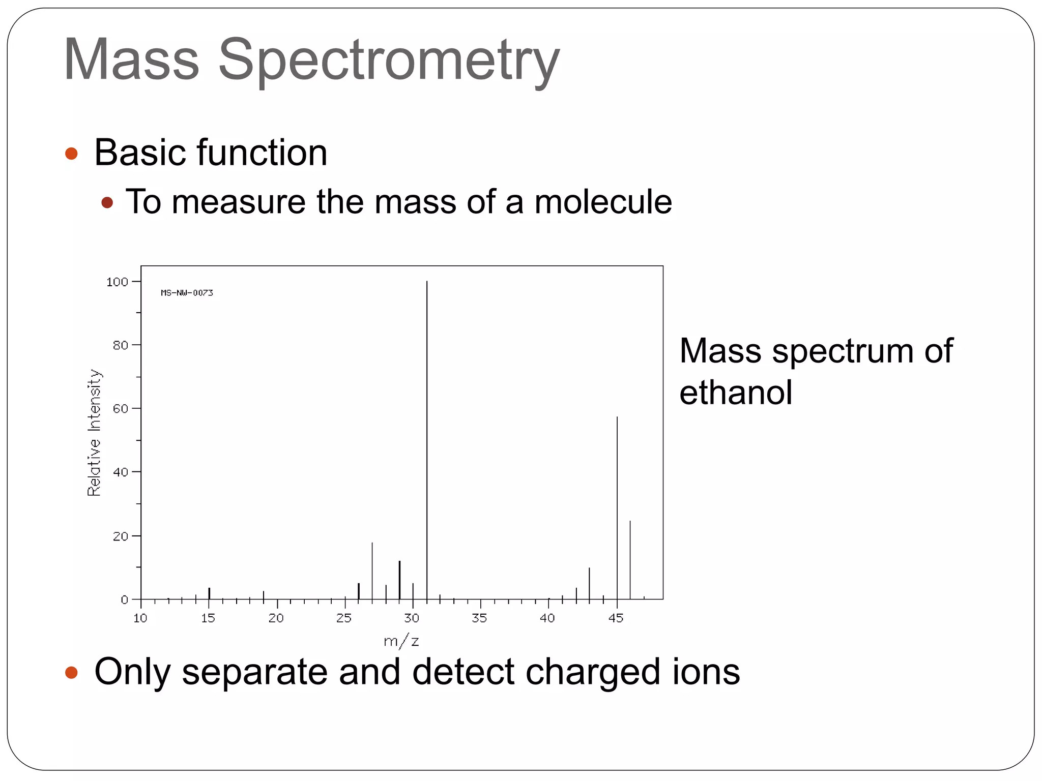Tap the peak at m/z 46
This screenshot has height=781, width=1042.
(630, 560)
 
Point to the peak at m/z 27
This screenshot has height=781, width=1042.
(372, 570)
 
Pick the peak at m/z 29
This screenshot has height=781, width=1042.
(399, 580)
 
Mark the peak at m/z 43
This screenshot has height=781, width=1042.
(590, 583)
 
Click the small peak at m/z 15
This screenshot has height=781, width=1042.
(209, 593)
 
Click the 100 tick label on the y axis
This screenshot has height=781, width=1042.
(117, 282)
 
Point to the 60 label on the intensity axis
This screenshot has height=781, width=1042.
(120, 409)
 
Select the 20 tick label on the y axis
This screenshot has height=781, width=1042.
(120, 536)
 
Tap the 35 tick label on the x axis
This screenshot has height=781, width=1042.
(479, 618)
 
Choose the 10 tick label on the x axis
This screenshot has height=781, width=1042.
(140, 618)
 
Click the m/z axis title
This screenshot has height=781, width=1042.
(401, 642)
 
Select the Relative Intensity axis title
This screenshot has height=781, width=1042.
(94, 432)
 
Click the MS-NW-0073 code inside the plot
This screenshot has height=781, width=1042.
(187, 293)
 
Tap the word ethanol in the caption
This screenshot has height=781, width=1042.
(736, 393)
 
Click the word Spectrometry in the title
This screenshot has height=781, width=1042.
(389, 60)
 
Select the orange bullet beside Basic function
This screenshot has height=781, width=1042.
(72, 154)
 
